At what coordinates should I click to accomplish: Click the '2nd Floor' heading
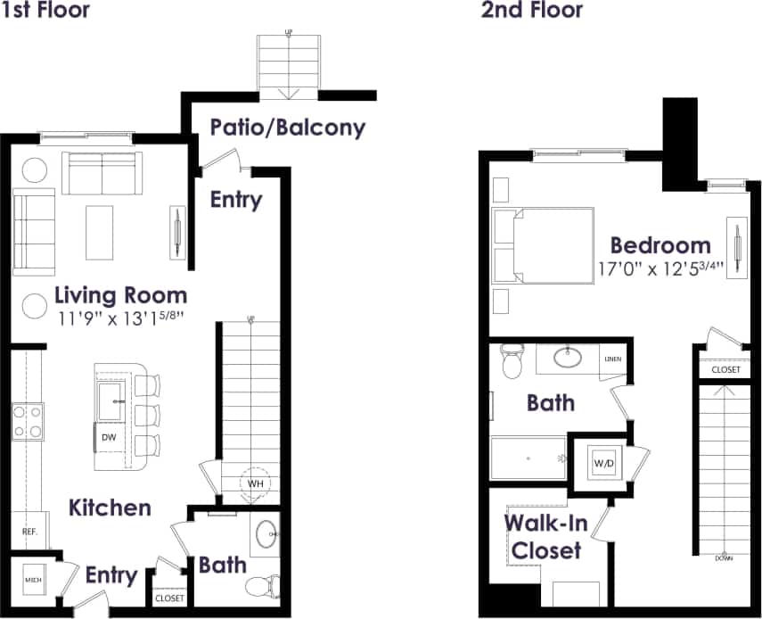tap(531, 11)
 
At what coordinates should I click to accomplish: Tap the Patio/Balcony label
tap(287, 128)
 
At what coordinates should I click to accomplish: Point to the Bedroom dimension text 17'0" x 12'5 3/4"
tap(660, 268)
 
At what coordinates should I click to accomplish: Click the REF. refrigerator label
tap(29, 532)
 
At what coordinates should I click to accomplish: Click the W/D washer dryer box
tap(602, 464)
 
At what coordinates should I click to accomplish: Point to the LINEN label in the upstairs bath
tap(612, 359)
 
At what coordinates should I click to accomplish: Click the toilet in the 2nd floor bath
tap(512, 362)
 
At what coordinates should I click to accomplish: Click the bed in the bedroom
tap(545, 246)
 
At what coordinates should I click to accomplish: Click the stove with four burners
tap(27, 422)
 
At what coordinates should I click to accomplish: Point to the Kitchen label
tap(110, 508)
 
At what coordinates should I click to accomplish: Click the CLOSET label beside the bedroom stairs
tap(725, 369)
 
